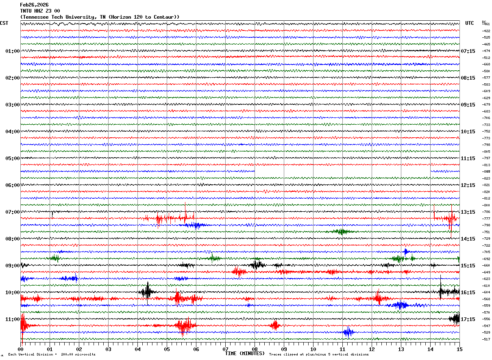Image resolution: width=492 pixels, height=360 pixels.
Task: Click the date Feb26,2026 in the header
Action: (34, 5)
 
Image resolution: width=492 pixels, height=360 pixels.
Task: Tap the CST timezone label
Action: (4, 23)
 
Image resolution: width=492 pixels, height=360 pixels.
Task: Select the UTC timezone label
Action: (470, 23)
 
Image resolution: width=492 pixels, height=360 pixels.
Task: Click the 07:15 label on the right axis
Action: (468, 51)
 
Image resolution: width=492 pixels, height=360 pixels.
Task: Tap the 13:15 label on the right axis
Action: (468, 212)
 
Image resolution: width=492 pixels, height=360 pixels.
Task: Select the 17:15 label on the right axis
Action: (468, 319)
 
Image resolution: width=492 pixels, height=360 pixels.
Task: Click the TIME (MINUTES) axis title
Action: (245, 353)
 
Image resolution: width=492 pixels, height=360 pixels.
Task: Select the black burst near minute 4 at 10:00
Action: (147, 291)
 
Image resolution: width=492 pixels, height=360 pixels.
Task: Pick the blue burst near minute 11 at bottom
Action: (348, 332)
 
